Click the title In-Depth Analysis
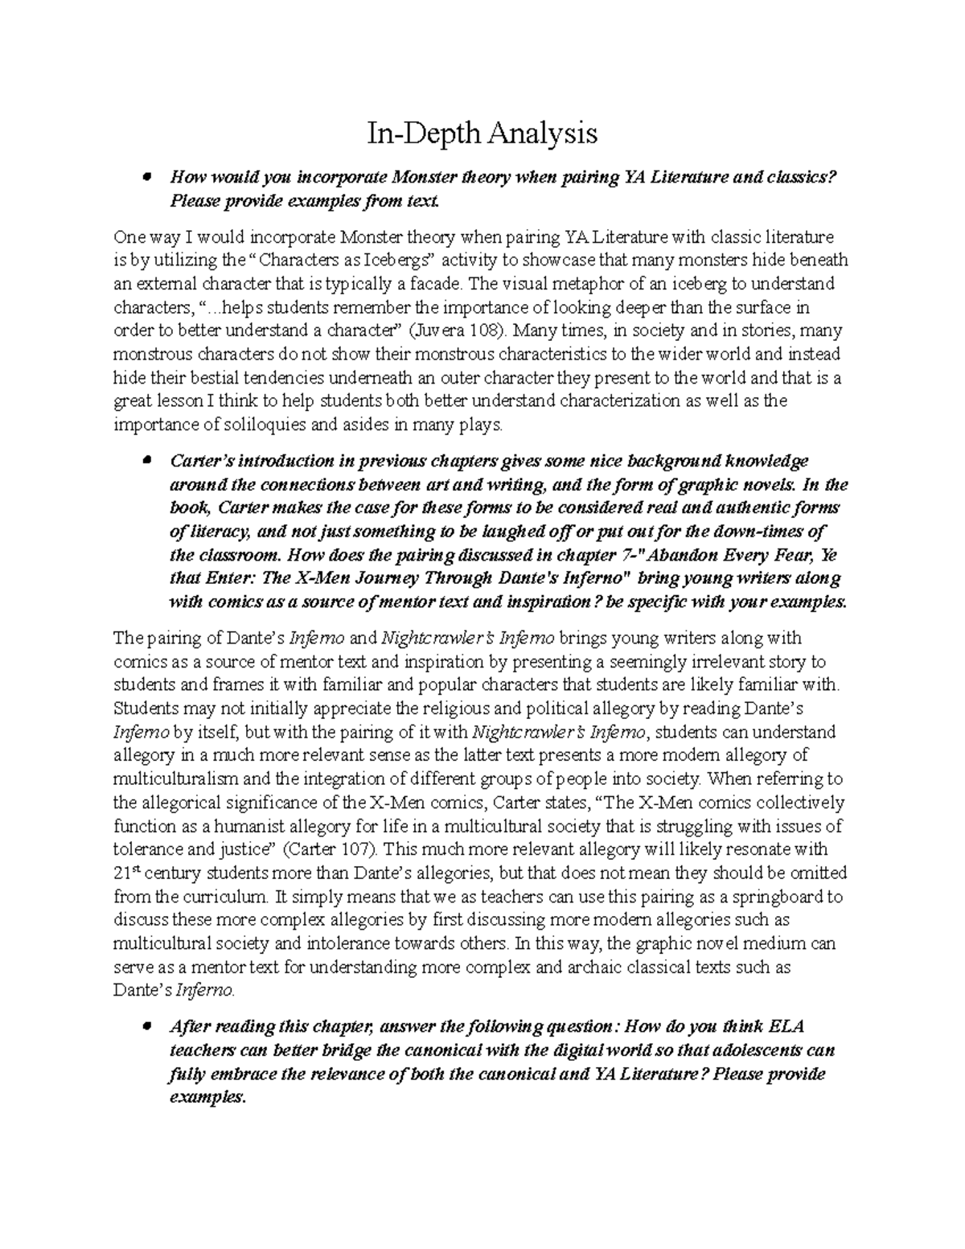482,133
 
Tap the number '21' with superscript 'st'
122,874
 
